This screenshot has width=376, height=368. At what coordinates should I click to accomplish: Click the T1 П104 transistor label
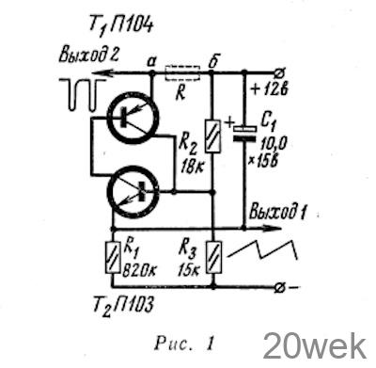tap(120, 25)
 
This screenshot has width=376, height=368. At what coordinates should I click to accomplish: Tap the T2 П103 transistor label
tap(124, 305)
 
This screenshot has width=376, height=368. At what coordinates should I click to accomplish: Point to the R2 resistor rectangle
tap(213, 136)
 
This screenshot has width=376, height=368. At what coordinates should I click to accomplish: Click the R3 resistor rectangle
tap(213, 257)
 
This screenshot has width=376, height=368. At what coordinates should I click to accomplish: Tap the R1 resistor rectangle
tap(112, 257)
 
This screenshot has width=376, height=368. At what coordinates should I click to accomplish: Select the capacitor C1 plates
tap(245, 134)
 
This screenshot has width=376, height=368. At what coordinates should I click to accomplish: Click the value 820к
tap(139, 270)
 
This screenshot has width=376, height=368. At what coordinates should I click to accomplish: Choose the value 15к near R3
tap(189, 270)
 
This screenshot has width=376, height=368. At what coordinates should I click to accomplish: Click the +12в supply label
tap(270, 90)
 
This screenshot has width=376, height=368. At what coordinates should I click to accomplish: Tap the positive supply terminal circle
tap(278, 73)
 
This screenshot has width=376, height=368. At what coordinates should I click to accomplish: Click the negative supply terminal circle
tap(278, 287)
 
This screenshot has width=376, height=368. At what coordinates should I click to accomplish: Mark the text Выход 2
tap(88, 56)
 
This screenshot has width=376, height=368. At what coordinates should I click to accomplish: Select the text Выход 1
tap(277, 213)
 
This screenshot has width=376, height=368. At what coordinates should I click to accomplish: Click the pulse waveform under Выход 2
tap(83, 95)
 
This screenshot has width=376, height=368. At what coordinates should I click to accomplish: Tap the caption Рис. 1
tap(184, 344)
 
